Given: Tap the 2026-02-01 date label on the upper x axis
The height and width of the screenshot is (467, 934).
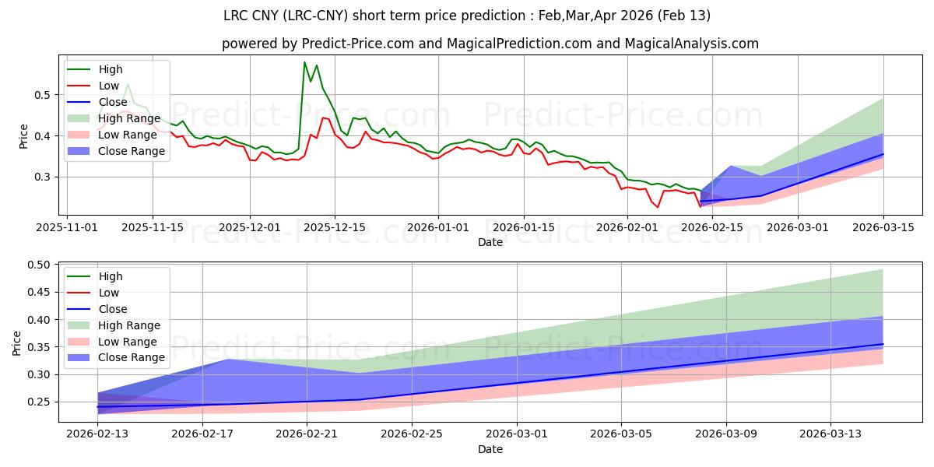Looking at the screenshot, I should click(627, 227).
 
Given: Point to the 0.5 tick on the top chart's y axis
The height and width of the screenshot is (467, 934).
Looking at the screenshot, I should click(44, 95).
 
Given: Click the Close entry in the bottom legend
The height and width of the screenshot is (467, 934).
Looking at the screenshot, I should click(113, 309).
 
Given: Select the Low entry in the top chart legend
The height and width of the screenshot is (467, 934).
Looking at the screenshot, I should click(108, 86).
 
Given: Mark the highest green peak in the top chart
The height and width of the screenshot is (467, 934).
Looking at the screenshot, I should click(304, 62).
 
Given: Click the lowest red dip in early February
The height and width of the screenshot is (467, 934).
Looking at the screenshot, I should click(658, 207).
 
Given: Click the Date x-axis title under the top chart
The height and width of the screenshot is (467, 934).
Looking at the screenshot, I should click(490, 242).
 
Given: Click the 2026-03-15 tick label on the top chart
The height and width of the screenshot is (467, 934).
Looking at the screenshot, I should click(883, 227).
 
